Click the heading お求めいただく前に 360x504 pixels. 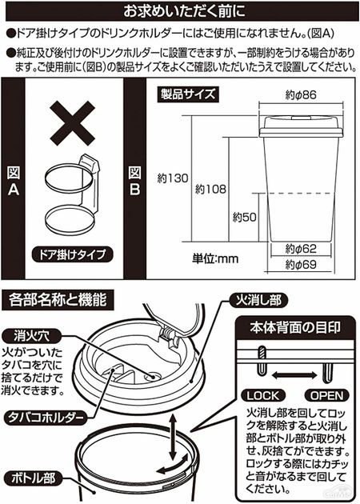click(x=184, y=11)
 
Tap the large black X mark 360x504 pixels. click(x=73, y=123)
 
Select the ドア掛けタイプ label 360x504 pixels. click(x=73, y=254)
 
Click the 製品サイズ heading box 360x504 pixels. click(x=188, y=94)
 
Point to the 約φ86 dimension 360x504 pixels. click(x=301, y=95)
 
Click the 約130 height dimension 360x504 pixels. click(x=173, y=178)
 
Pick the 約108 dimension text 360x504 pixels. click(x=211, y=190)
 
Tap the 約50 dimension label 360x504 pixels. click(x=245, y=218)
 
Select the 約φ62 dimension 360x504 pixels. click(x=301, y=249)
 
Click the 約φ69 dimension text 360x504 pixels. click(x=301, y=265)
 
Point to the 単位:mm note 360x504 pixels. click(x=215, y=258)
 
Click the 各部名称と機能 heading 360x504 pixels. click(x=58, y=300)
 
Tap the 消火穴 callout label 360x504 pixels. click(x=31, y=337)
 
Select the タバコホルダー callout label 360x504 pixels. click(x=46, y=418)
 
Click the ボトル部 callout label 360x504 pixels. click(x=34, y=479)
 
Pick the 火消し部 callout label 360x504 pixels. click(x=258, y=300)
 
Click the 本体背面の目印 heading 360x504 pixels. click(x=294, y=327)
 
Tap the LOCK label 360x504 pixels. click(x=263, y=395)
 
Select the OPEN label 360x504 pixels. click(x=326, y=395)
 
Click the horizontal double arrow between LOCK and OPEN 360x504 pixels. click(x=295, y=374)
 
